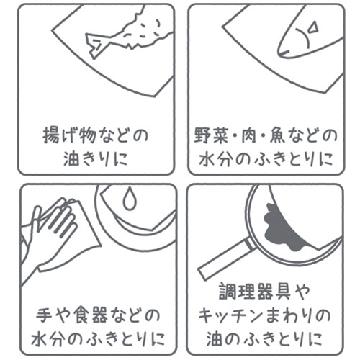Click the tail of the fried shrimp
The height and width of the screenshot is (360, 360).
96,45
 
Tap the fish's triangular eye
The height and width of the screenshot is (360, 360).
313,27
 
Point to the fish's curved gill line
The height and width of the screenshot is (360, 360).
303,38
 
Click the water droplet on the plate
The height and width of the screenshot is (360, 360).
130,198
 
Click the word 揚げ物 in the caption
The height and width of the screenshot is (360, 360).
70,136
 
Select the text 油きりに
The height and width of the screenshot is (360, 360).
95,159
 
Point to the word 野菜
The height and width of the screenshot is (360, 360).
211,136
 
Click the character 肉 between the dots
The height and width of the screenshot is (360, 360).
248,136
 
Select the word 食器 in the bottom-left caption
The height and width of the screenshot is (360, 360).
91,315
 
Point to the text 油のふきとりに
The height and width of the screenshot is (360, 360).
264,339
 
